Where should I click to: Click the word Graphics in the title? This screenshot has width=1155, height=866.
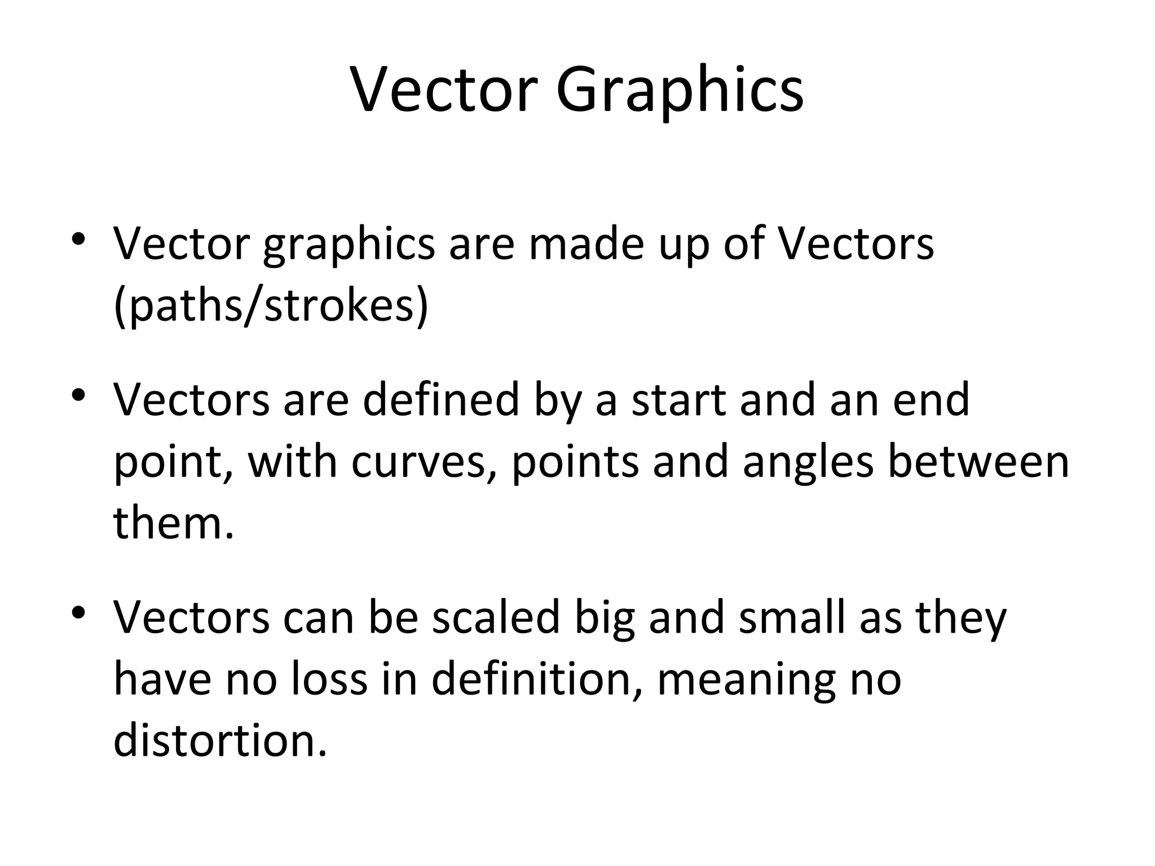(x=680, y=90)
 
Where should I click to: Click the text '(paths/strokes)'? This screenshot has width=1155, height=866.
(x=271, y=306)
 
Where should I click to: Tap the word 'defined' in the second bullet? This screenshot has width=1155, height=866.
(x=440, y=399)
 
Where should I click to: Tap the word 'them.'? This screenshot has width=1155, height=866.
(x=174, y=523)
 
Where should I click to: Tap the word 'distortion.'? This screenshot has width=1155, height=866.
(x=220, y=741)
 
